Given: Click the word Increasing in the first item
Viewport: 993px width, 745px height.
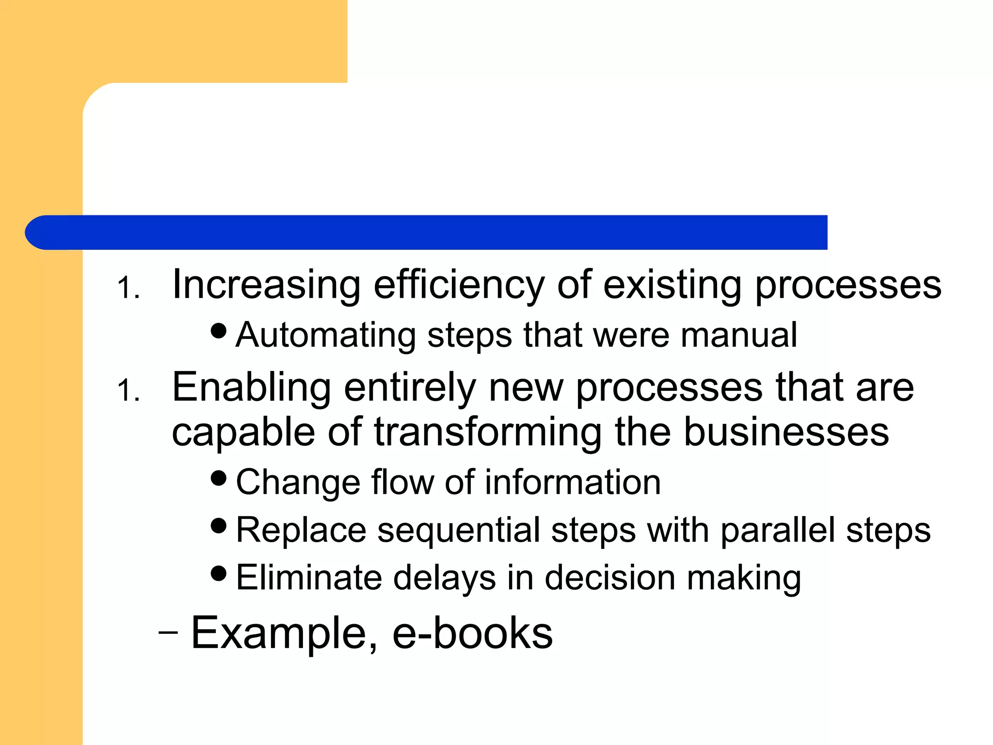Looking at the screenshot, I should tap(266, 285).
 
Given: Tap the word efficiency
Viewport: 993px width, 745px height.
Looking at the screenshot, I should tap(459, 285).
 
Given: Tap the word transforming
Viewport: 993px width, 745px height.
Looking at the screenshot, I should tap(488, 432).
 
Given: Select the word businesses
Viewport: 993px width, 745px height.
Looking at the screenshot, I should tap(786, 432).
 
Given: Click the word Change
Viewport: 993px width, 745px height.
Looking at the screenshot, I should tap(298, 483).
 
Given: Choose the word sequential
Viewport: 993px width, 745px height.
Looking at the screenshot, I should tap(459, 530).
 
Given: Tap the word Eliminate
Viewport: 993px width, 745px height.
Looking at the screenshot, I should tap(309, 578).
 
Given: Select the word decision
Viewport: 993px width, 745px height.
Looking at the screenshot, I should tap(609, 578).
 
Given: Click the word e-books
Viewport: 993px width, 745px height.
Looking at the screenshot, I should tap(472, 633).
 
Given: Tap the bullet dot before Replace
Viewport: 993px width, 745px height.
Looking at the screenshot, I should tap(219, 525).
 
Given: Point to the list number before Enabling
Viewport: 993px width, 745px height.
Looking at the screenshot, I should tap(128, 391).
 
